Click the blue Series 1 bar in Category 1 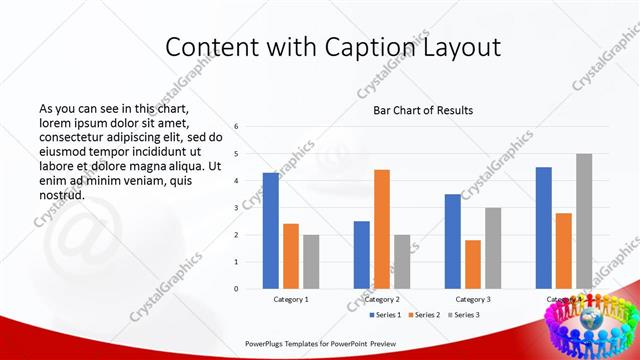271,230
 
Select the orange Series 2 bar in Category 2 382,229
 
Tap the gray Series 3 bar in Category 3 493,248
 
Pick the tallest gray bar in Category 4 584,221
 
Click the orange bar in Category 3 473,264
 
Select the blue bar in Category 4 544,227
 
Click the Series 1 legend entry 386,315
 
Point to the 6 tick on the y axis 236,127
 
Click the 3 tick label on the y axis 236,208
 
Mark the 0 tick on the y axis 236,289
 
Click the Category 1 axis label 291,299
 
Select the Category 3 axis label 473,299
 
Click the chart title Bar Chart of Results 423,110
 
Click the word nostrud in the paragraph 61,195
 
